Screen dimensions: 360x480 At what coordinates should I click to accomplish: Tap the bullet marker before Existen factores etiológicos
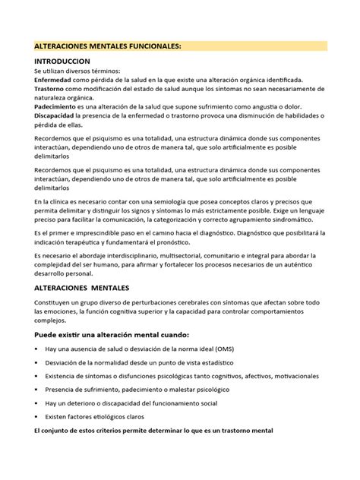click(x=37, y=417)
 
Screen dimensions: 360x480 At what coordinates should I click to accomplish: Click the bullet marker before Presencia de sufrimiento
click(x=37, y=390)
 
